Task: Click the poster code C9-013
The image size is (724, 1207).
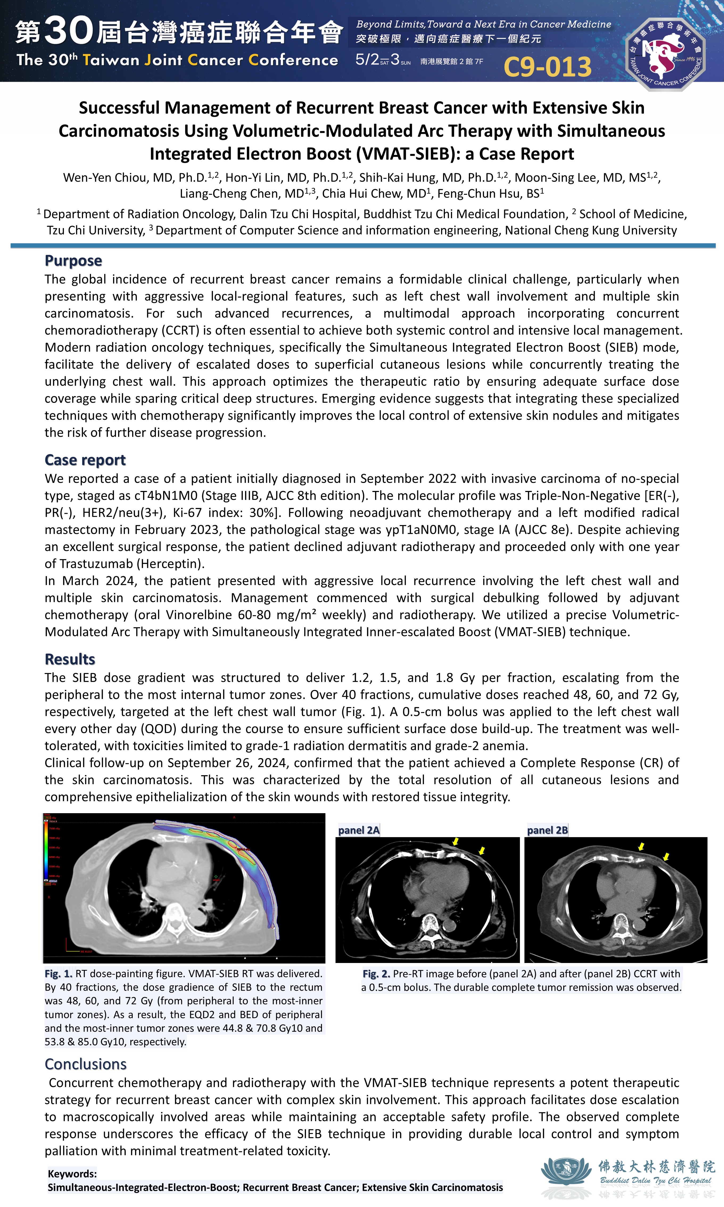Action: pyautogui.click(x=547, y=67)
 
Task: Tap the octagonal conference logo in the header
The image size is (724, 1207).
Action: pyautogui.click(x=665, y=54)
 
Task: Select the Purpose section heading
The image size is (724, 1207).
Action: pyautogui.click(x=73, y=261)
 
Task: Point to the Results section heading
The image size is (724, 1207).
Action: pyautogui.click(x=70, y=659)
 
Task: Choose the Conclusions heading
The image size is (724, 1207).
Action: pyautogui.click(x=85, y=1064)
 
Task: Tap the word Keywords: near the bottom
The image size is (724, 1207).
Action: pyautogui.click(x=72, y=1174)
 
